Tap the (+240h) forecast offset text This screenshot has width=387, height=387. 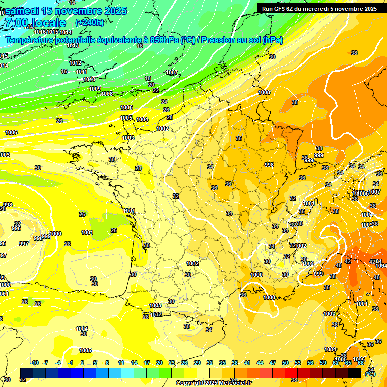(90, 22)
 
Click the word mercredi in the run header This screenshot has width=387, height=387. (323, 9)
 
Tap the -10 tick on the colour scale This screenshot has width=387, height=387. (34, 363)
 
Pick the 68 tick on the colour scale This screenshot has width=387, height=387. (361, 363)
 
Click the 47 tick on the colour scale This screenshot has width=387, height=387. (273, 363)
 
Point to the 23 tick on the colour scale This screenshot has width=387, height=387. (172, 363)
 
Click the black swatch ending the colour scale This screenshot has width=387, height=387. (354, 373)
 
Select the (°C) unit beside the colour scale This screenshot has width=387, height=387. (371, 373)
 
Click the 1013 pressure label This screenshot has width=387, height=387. (73, 45)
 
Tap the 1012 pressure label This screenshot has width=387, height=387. (76, 63)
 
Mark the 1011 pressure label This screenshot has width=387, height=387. (82, 72)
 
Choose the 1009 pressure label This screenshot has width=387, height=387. (95, 89)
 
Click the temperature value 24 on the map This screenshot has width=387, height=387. (164, 102)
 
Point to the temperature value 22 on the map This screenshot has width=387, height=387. (156, 90)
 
